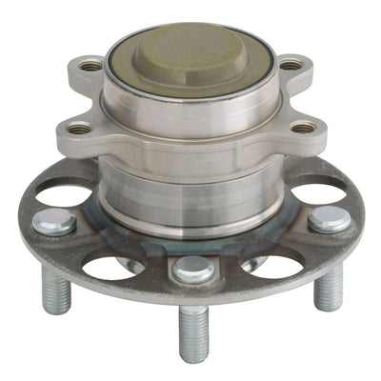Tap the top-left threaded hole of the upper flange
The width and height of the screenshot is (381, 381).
tap(91, 67)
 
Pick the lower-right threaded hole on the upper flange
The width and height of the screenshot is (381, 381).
tap(303, 127)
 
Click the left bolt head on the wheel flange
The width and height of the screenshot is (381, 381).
tap(54, 222)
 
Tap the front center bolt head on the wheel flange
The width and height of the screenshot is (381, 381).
tap(193, 270)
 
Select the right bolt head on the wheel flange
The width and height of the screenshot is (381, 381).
tap(328, 220)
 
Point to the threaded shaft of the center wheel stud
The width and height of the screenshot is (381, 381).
tap(194, 333)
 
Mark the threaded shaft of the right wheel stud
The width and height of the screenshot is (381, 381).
tap(328, 287)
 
